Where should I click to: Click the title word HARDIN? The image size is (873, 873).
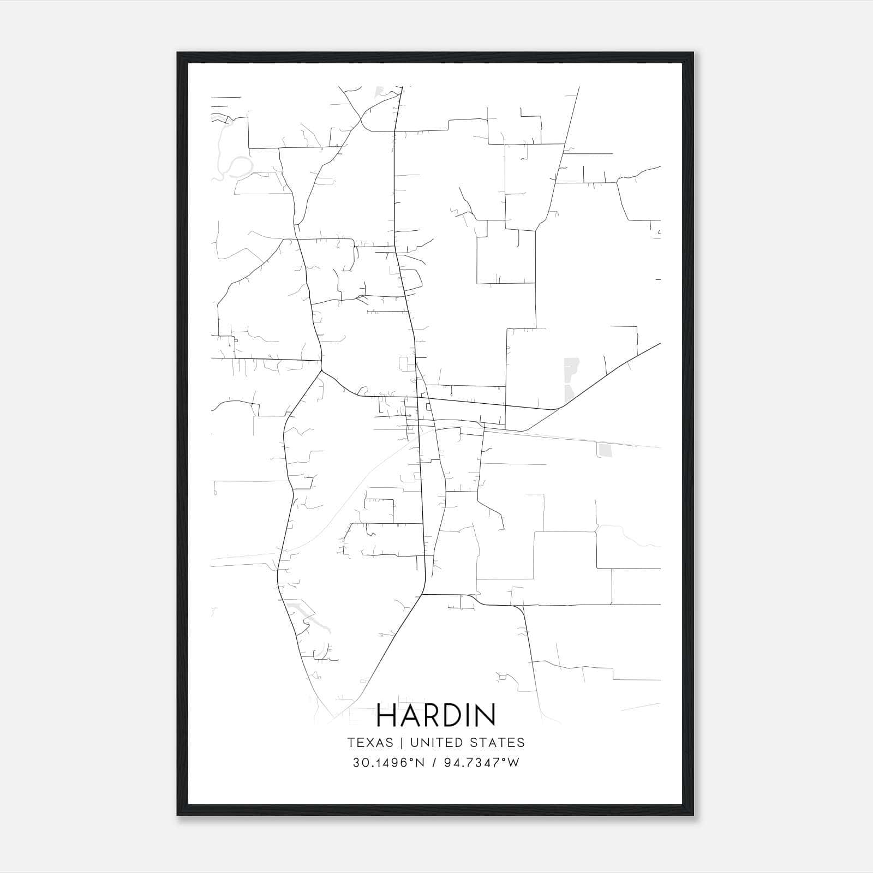tap(436, 715)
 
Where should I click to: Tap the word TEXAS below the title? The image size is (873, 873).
tap(370, 743)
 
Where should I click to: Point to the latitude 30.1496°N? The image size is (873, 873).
tap(388, 763)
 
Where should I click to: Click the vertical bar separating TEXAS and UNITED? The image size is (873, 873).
tap(401, 743)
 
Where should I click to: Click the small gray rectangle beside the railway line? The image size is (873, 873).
tap(605, 450)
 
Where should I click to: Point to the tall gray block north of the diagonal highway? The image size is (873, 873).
tap(570, 376)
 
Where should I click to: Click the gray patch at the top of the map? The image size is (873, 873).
tap(378, 92)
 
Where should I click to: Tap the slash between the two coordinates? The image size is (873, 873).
tap(434, 763)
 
